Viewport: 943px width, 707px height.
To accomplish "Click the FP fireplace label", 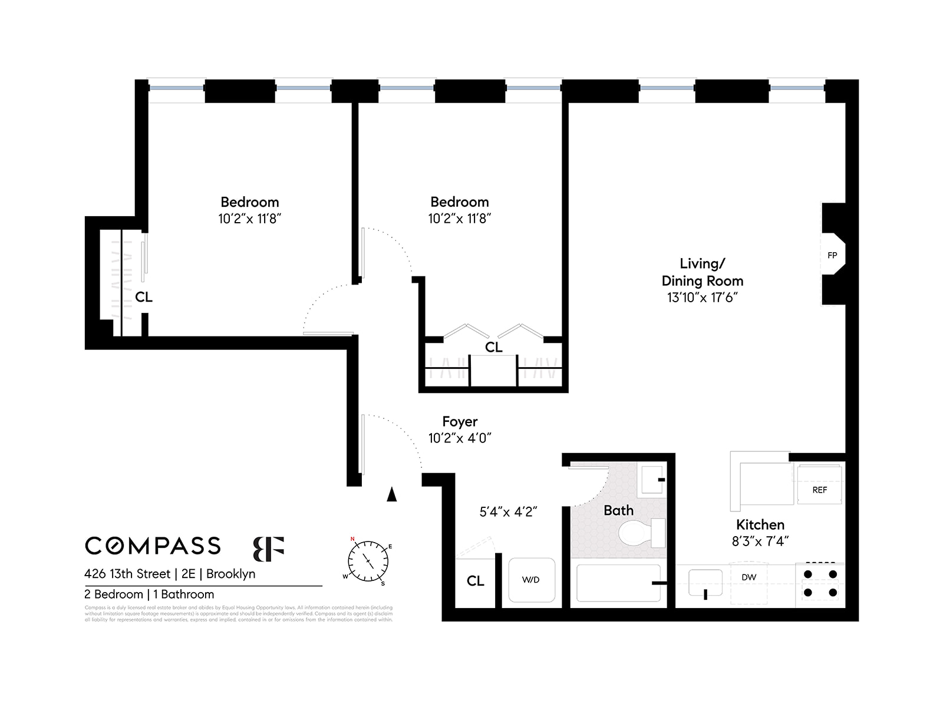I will pos(832,255).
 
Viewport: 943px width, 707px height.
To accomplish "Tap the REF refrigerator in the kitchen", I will pos(819,484).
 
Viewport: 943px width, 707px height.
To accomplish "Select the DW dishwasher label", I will pos(749,577).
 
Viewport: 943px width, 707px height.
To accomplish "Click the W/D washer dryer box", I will pos(531,580).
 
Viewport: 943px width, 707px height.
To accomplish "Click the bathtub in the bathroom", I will pos(618,583).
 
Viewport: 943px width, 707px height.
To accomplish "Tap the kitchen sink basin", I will pos(705,583).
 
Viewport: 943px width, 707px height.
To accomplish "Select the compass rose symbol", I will pos(368,560).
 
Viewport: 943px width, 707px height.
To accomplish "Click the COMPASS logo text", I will pos(153,546).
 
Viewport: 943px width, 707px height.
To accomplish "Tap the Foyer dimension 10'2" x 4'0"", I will pos(460,438).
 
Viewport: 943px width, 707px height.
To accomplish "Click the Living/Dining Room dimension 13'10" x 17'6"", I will pos(702,298).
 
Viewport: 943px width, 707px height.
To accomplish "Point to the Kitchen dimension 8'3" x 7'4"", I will pos(760,541).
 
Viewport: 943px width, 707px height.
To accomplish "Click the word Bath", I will pos(618,510).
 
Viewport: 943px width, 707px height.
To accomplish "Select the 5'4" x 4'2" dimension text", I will pos(508,512).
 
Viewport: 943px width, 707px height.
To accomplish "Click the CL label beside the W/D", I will pos(475,581).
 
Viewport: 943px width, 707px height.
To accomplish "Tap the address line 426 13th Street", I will pos(170,574).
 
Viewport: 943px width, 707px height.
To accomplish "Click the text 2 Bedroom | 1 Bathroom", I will pos(149,594).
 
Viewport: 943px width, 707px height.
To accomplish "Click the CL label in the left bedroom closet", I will pos(143,297).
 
